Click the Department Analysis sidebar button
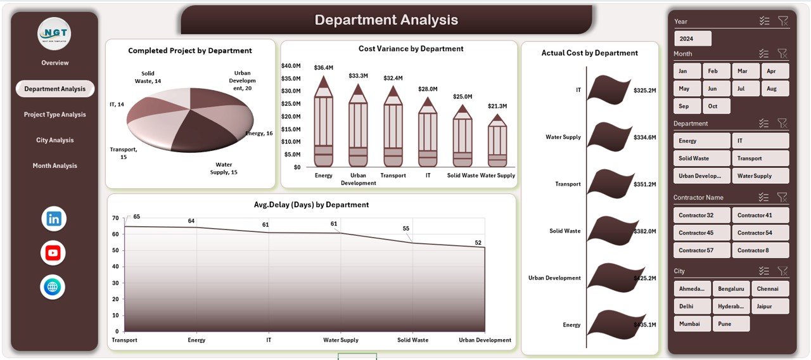[x=55, y=89]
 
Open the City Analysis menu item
[x=55, y=140]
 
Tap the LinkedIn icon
[x=53, y=219]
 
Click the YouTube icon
[x=53, y=253]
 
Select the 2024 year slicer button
[x=693, y=39]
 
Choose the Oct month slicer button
[x=716, y=106]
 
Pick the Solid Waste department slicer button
[x=701, y=158]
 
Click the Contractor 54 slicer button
[x=760, y=233]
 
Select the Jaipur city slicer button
[x=769, y=306]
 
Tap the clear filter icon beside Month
[x=782, y=54]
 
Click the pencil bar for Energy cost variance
[x=323, y=124]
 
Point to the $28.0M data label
[x=428, y=89]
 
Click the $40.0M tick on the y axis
[x=291, y=66]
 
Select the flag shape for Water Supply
[x=608, y=137]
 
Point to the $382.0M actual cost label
[x=644, y=231]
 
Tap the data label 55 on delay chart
[x=406, y=229]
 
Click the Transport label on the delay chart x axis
[x=125, y=340]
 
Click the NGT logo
[x=54, y=34]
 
